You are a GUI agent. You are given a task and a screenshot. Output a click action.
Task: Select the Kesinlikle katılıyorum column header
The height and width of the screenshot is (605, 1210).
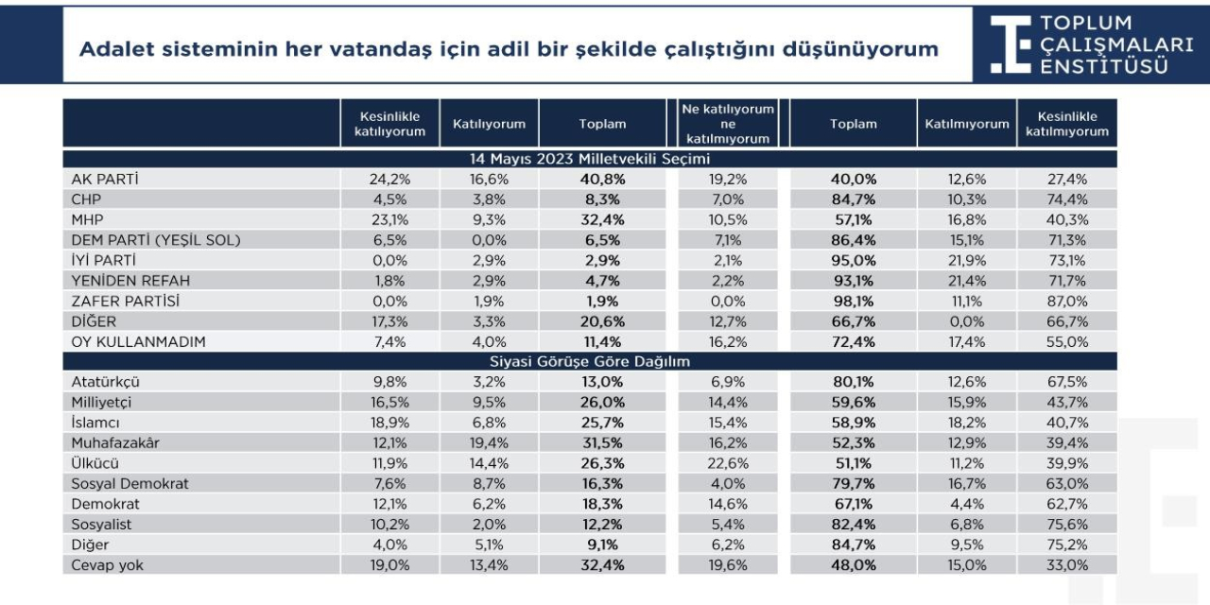coord(389,124)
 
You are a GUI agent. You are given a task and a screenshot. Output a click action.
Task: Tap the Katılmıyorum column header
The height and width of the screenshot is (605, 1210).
coord(966,124)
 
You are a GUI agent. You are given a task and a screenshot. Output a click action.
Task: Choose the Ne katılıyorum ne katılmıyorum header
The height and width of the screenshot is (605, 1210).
coord(728,124)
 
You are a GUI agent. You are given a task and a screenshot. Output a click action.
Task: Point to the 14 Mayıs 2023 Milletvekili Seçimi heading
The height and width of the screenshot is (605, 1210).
coord(589,159)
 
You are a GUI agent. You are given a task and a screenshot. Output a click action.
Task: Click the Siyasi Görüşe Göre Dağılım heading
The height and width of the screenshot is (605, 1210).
coord(589,361)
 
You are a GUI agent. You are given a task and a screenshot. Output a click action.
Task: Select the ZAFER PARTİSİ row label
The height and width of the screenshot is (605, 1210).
coord(126,301)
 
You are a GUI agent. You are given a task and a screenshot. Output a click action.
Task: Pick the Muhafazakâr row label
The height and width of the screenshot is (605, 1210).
coord(115,443)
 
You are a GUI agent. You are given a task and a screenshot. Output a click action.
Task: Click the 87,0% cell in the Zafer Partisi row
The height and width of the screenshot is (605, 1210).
coord(1067,301)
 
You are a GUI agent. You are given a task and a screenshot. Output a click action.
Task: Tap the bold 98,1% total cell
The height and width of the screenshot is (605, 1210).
coord(853,301)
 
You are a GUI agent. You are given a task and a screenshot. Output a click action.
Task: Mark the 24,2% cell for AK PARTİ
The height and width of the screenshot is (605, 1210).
coord(389,179)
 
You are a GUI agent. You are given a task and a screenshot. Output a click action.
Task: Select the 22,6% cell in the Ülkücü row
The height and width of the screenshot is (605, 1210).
coord(728,463)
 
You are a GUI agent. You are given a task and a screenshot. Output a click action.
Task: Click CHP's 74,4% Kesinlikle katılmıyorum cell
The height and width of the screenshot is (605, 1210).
coord(1067,199)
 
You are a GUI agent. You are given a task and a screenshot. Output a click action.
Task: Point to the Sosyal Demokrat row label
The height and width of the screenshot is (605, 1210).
coord(130,483)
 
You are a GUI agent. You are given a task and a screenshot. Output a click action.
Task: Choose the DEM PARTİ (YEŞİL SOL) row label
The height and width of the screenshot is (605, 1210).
coord(156,240)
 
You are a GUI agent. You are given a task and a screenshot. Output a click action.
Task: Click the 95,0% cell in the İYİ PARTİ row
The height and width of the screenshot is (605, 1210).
coord(853,260)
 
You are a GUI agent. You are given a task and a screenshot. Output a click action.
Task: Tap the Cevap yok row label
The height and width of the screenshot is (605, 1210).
coord(107,565)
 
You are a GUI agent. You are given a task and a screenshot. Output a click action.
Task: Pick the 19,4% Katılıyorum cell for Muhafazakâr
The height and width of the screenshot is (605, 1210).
coord(489,443)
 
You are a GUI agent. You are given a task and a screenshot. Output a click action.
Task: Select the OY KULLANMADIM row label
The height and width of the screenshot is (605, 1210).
coord(138,341)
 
